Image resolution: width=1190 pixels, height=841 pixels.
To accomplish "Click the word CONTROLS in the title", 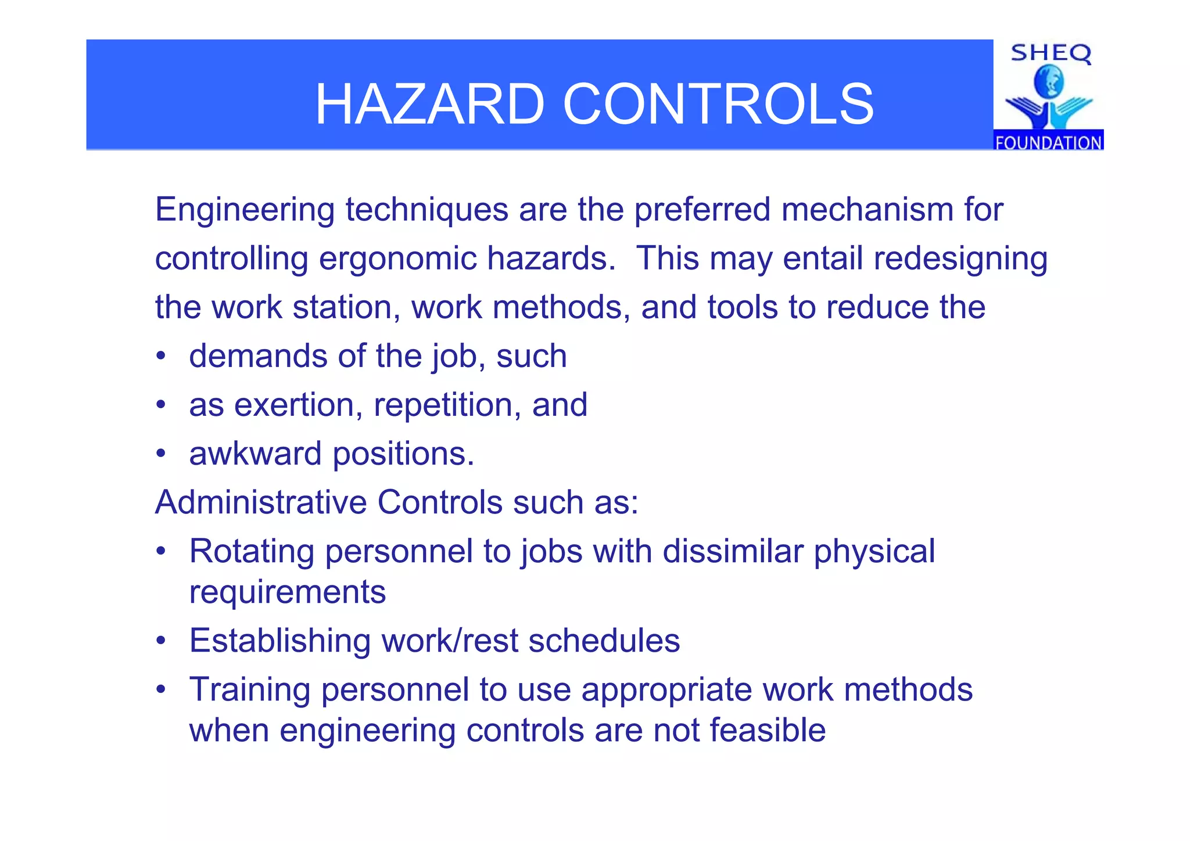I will tap(718, 105).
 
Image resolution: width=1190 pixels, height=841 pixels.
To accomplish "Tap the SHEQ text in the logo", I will tap(1051, 53).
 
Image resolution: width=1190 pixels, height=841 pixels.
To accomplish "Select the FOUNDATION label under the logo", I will tap(1048, 142).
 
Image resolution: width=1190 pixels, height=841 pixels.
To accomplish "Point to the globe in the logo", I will tap(1049, 82).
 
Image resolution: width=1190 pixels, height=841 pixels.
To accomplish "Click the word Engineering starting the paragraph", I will tap(245, 210).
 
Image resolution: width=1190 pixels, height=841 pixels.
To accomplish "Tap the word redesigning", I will tap(960, 259).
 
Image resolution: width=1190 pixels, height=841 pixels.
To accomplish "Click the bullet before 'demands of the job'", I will tap(161, 355).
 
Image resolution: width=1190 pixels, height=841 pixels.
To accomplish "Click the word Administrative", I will tap(261, 502).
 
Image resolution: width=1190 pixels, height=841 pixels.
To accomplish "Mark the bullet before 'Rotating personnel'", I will tap(161, 551).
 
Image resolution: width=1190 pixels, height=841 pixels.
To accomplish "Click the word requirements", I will tap(288, 593).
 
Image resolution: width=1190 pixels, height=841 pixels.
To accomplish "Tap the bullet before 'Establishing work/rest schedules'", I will tap(161, 641).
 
